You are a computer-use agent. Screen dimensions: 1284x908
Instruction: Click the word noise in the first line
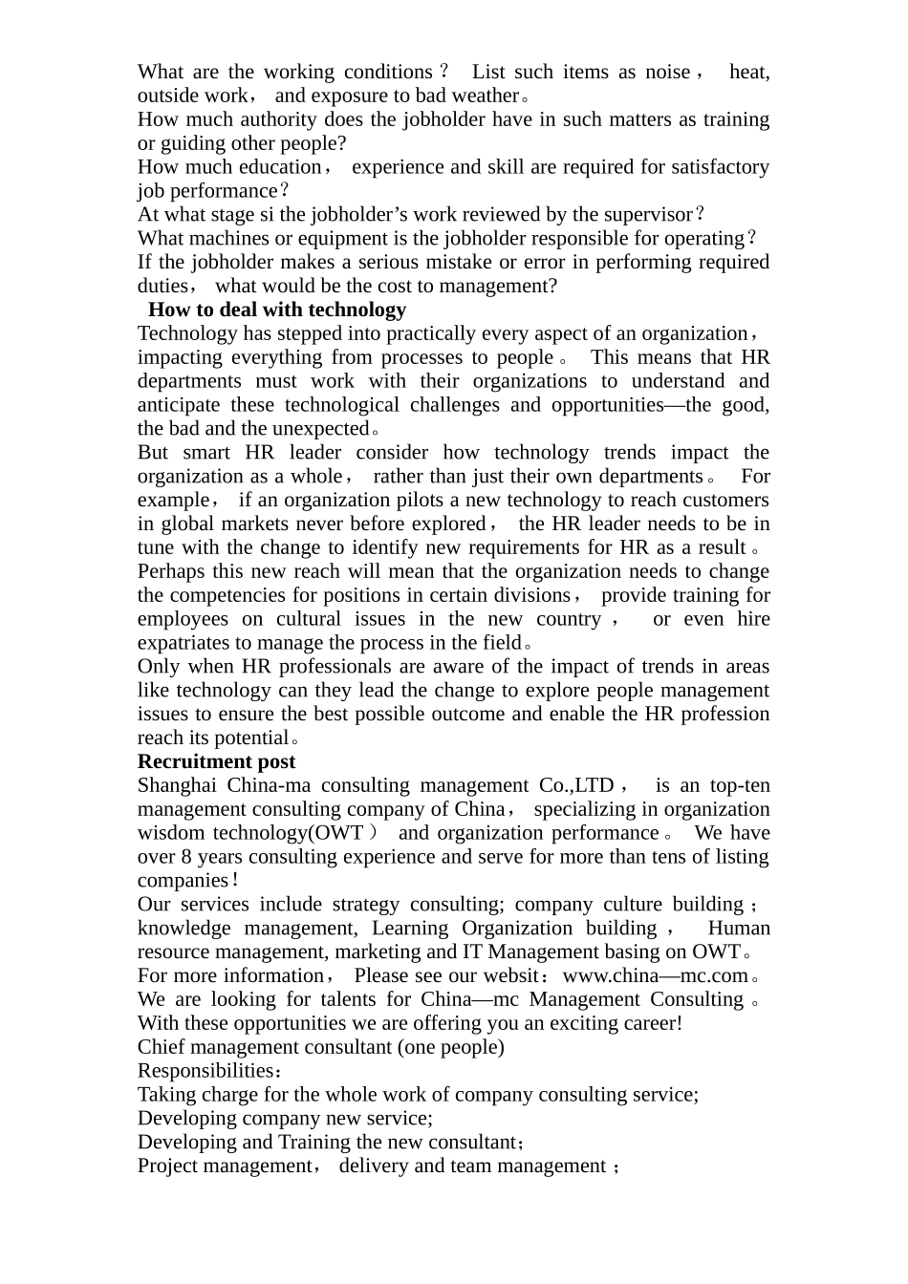(x=668, y=73)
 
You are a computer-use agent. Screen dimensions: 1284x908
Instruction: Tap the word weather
(x=484, y=96)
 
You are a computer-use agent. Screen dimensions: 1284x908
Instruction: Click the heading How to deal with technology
(x=277, y=310)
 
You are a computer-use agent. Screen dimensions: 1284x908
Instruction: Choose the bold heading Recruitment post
(x=216, y=761)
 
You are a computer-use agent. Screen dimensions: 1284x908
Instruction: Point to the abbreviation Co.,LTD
(x=576, y=785)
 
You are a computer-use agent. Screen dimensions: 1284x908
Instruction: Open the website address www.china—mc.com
(x=655, y=975)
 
